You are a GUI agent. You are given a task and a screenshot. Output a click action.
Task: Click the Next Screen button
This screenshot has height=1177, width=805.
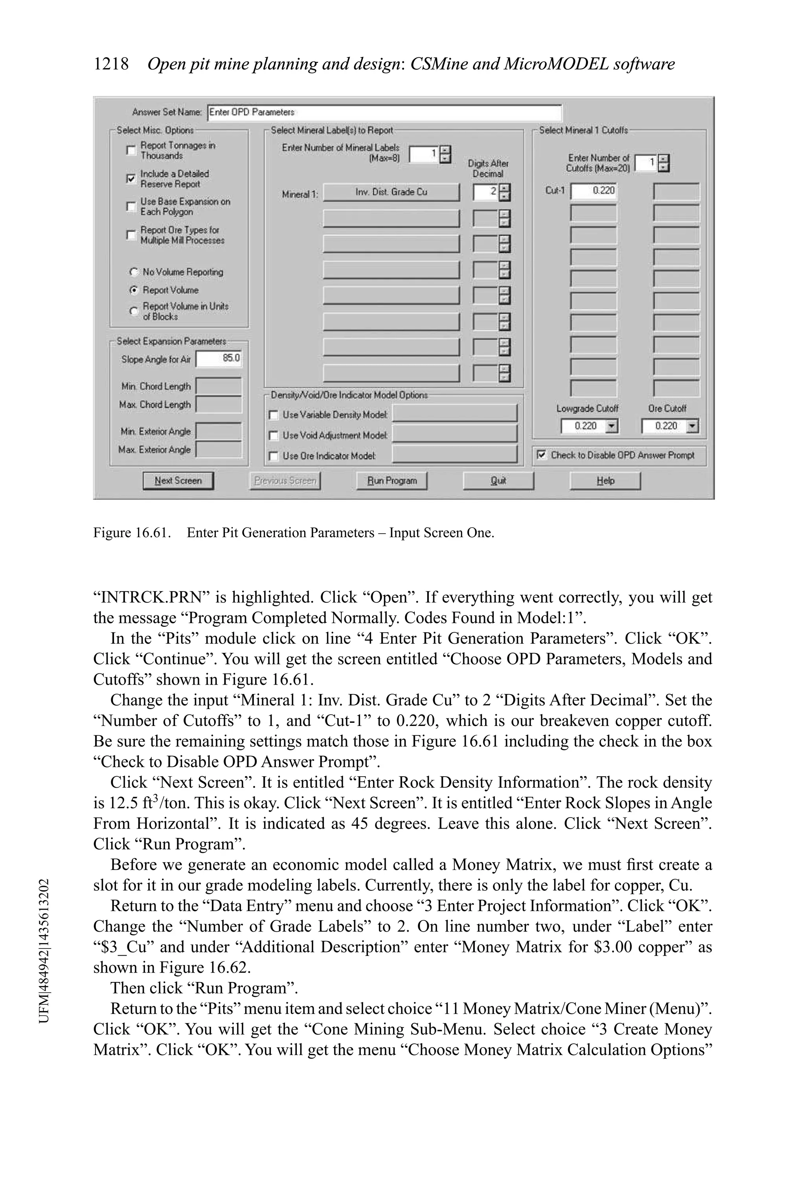[x=178, y=481]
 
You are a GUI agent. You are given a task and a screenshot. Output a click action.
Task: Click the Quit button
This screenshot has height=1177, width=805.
[x=498, y=481]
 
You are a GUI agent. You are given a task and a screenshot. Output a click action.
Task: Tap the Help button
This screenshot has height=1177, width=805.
[x=605, y=481]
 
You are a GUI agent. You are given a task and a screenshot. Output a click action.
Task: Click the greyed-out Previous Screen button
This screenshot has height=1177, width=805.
[x=285, y=481]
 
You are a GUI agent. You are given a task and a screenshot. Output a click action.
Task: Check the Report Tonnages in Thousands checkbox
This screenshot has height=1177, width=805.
[x=131, y=150]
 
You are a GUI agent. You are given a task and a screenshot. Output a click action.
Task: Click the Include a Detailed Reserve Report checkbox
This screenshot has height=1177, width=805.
[x=131, y=178]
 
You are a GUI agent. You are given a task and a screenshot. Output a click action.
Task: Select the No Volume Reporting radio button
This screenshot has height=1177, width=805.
[x=134, y=272]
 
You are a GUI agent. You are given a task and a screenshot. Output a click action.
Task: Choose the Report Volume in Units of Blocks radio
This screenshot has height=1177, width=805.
[x=134, y=311]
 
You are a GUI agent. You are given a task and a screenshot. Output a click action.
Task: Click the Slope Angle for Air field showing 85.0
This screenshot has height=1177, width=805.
[x=219, y=359]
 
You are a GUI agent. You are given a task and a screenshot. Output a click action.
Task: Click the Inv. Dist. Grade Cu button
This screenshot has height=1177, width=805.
[x=391, y=192]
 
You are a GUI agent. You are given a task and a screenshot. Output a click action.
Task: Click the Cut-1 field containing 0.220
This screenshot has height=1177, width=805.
[x=594, y=191]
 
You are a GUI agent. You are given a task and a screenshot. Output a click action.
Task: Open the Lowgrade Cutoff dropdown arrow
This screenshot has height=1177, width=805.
[x=612, y=426]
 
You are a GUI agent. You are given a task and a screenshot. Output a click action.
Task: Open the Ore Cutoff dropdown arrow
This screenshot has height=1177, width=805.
[x=693, y=426]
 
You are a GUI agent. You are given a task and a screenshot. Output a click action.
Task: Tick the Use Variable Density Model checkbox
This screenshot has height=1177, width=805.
[x=274, y=415]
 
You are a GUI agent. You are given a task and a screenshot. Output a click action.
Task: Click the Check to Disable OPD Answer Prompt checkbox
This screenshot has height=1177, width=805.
[x=542, y=455]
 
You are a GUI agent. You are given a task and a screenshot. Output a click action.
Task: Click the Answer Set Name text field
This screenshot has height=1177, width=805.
[x=385, y=112]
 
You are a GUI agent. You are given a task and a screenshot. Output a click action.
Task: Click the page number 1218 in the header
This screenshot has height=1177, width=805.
[x=111, y=64]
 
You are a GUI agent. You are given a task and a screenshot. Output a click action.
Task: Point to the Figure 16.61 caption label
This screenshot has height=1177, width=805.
[x=132, y=533]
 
